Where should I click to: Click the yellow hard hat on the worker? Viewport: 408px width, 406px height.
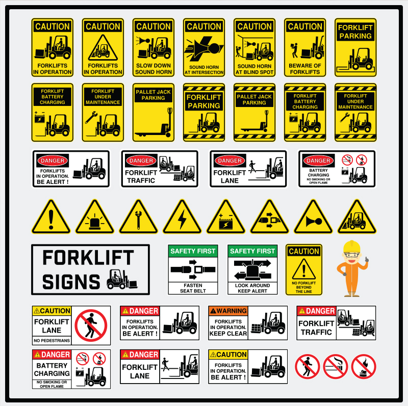click(x=351, y=246)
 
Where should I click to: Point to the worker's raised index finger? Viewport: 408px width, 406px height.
click(x=367, y=259)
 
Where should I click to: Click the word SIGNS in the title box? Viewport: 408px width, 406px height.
click(x=71, y=282)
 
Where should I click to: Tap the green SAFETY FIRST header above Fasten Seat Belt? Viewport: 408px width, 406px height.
click(x=193, y=251)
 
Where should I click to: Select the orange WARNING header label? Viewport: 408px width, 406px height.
click(x=228, y=311)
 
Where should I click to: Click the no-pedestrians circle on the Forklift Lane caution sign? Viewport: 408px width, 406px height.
click(x=91, y=326)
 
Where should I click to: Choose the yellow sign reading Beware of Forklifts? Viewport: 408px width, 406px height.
click(x=305, y=47)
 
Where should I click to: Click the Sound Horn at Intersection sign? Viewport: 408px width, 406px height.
click(x=204, y=47)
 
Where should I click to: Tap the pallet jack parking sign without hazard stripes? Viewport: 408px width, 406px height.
click(x=154, y=112)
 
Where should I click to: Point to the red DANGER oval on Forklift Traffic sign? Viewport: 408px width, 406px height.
click(x=141, y=160)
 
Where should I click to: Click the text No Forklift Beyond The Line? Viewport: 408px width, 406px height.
click(x=303, y=287)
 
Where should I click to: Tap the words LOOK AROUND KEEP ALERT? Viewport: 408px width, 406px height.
click(x=252, y=288)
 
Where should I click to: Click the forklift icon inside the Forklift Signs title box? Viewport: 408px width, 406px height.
click(x=122, y=280)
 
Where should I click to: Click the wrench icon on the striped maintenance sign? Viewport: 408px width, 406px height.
click(x=345, y=118)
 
